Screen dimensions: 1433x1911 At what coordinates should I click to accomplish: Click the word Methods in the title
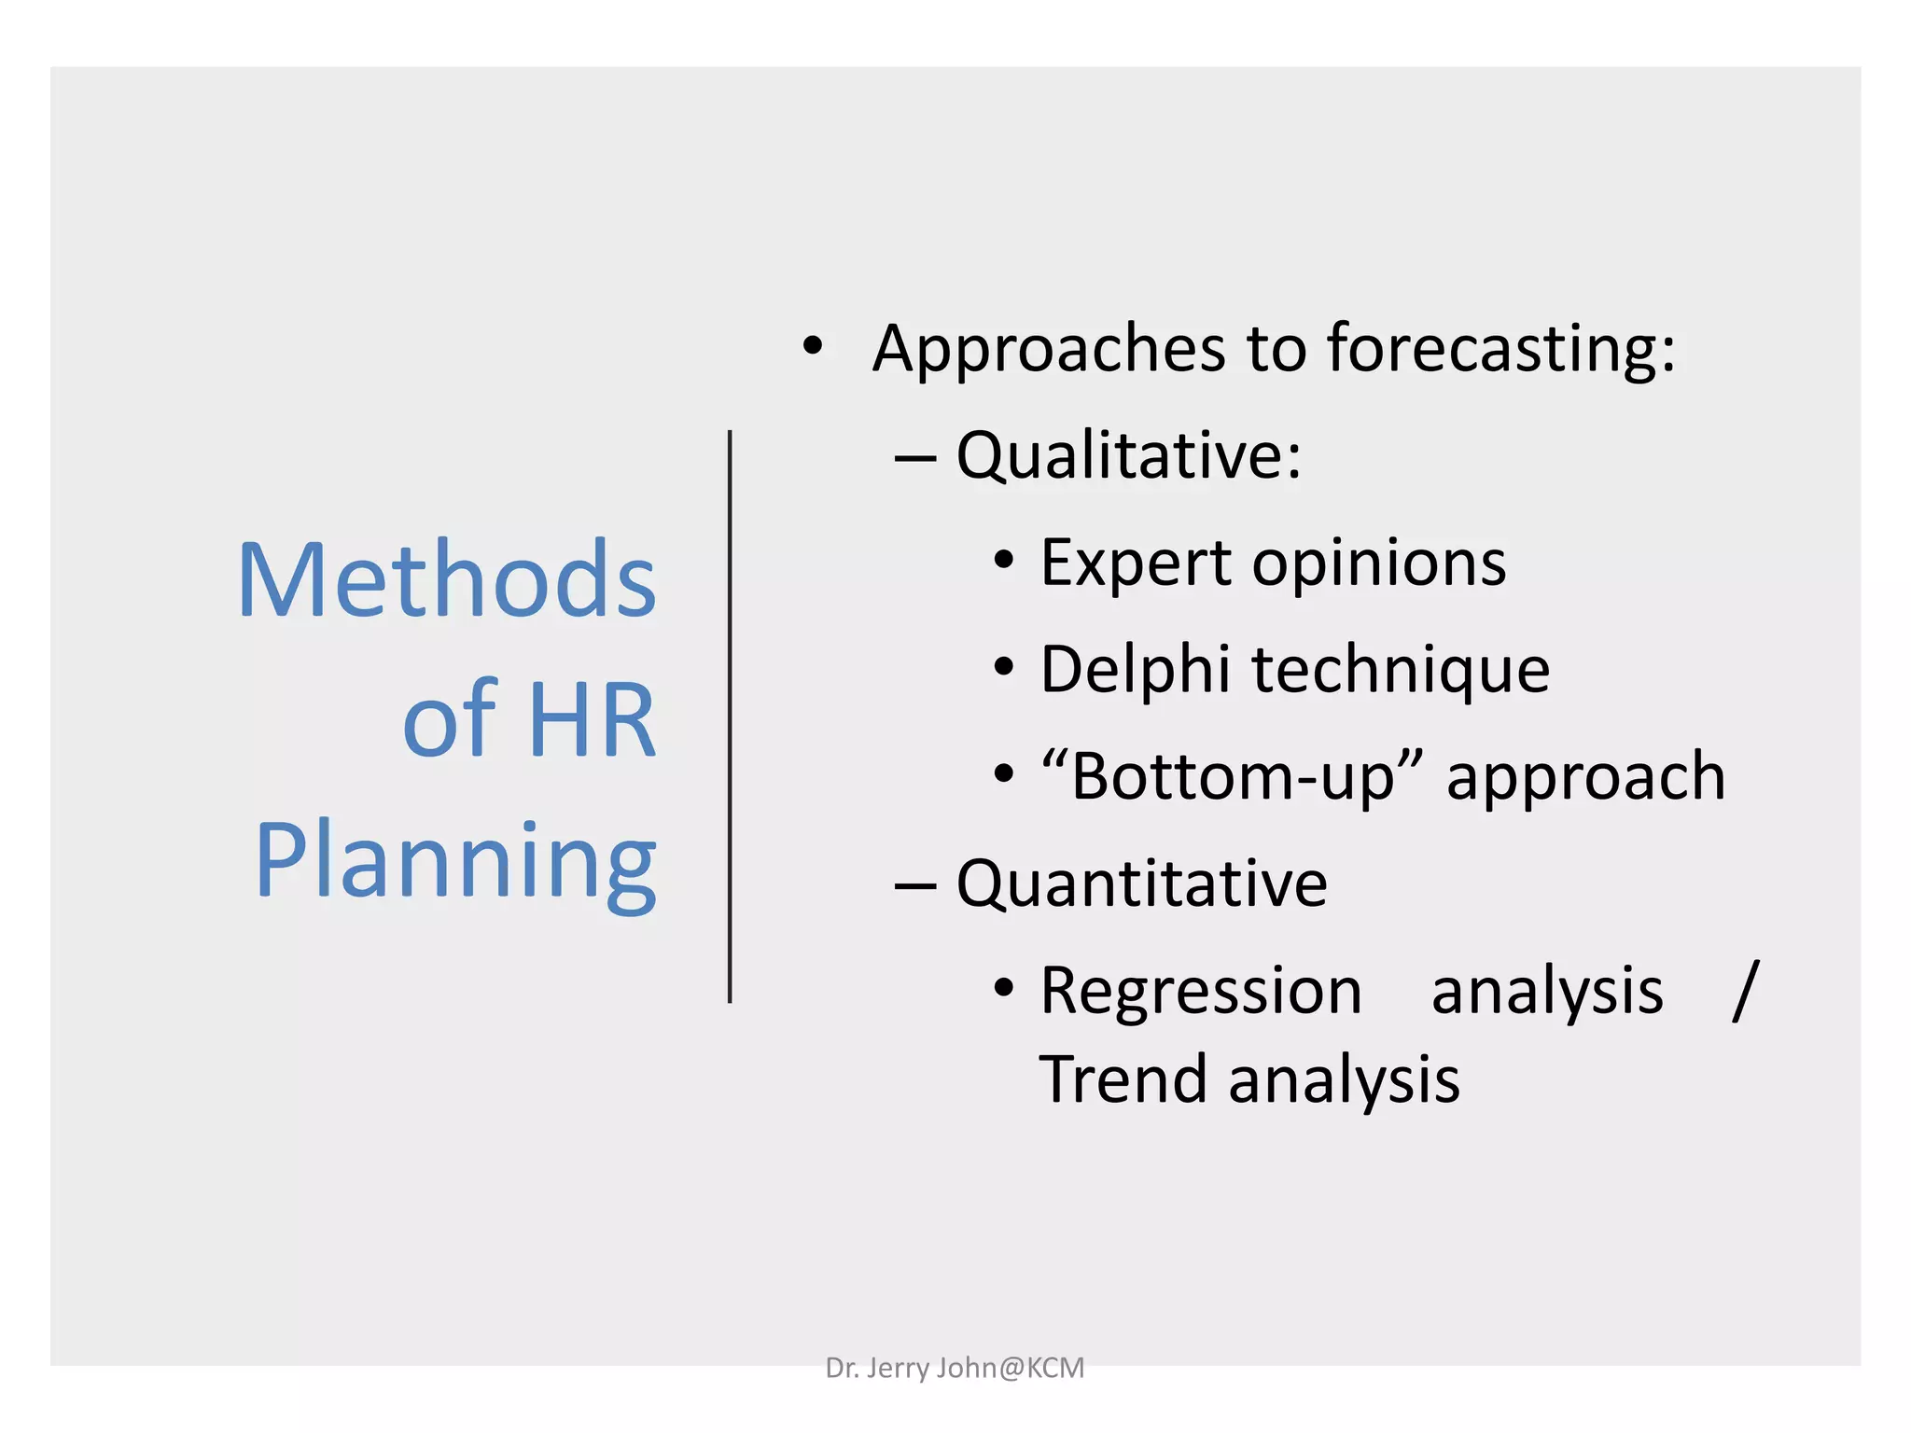pos(447,580)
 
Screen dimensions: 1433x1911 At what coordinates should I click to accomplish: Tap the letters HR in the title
pos(592,720)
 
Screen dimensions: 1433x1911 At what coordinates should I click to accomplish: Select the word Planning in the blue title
pos(455,863)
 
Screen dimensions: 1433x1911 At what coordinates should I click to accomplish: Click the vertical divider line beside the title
pos(730,716)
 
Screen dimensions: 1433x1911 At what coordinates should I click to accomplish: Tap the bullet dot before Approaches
pos(813,346)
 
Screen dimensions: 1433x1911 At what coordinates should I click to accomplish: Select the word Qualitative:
pos(1128,456)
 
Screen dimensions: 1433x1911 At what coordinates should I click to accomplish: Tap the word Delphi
pos(1135,671)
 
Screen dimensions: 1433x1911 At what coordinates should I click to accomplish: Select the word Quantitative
pos(1141,883)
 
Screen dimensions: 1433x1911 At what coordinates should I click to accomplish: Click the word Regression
pos(1201,991)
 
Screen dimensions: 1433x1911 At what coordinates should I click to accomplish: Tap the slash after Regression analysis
pos(1744,991)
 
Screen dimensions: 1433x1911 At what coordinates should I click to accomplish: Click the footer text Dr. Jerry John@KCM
pos(955,1368)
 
